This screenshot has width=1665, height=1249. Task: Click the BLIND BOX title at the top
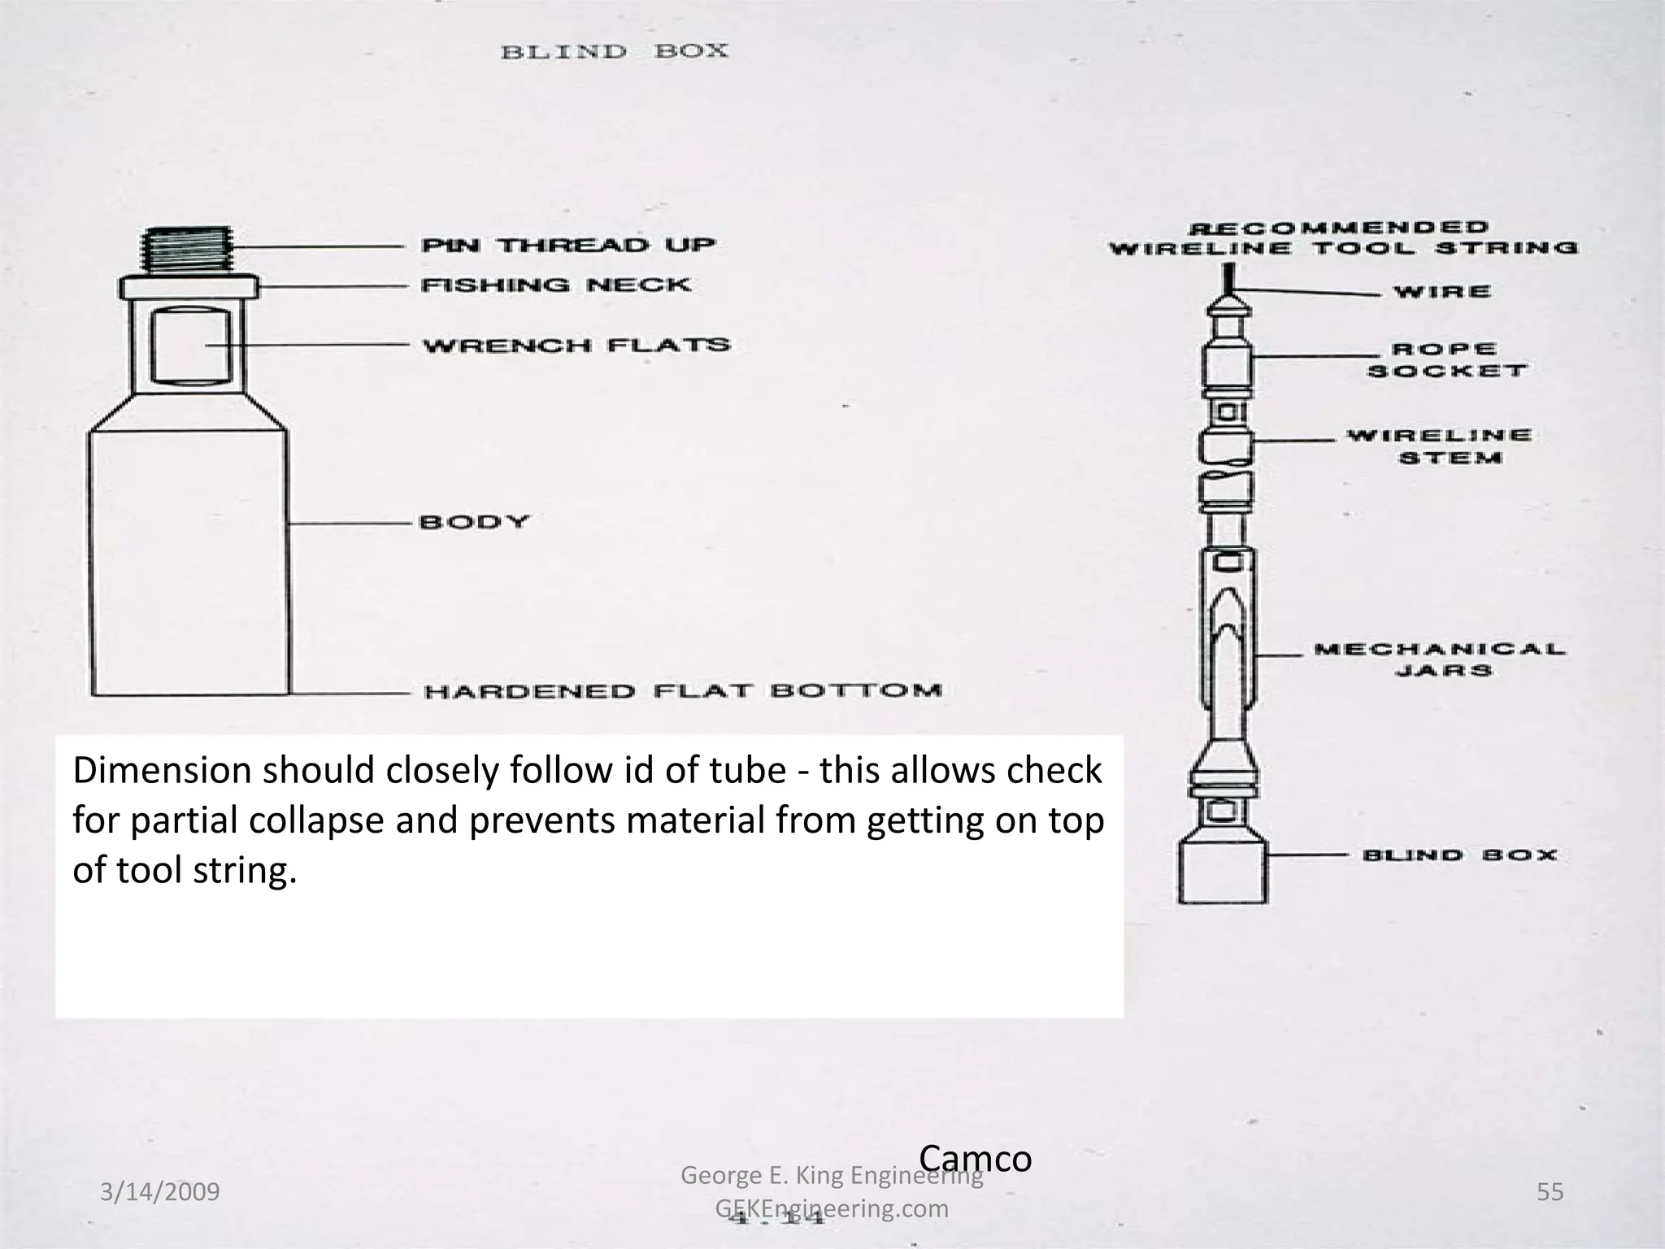(x=614, y=52)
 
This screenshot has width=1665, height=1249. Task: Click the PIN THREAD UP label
(x=567, y=245)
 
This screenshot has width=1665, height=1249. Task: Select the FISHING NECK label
(x=555, y=285)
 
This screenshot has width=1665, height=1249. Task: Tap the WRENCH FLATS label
(x=576, y=346)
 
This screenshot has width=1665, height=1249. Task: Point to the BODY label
(x=474, y=521)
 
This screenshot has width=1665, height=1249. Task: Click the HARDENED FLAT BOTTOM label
(x=682, y=691)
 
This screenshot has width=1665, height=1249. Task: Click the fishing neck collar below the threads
(x=189, y=287)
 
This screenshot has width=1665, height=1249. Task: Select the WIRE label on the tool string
(x=1442, y=292)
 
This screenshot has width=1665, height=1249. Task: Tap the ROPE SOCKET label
(x=1446, y=360)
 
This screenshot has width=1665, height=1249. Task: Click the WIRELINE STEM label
(x=1439, y=446)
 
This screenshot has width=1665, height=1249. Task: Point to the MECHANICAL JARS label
(x=1440, y=659)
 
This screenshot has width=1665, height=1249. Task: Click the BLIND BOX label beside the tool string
(x=1459, y=855)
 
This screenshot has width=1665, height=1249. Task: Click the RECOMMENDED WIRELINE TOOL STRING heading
(x=1342, y=238)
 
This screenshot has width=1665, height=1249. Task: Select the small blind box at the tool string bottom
(x=1222, y=873)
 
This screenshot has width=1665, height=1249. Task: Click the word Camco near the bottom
(x=975, y=1158)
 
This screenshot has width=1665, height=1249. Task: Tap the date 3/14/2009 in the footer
(x=159, y=1192)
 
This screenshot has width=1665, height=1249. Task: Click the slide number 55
(x=1550, y=1192)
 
